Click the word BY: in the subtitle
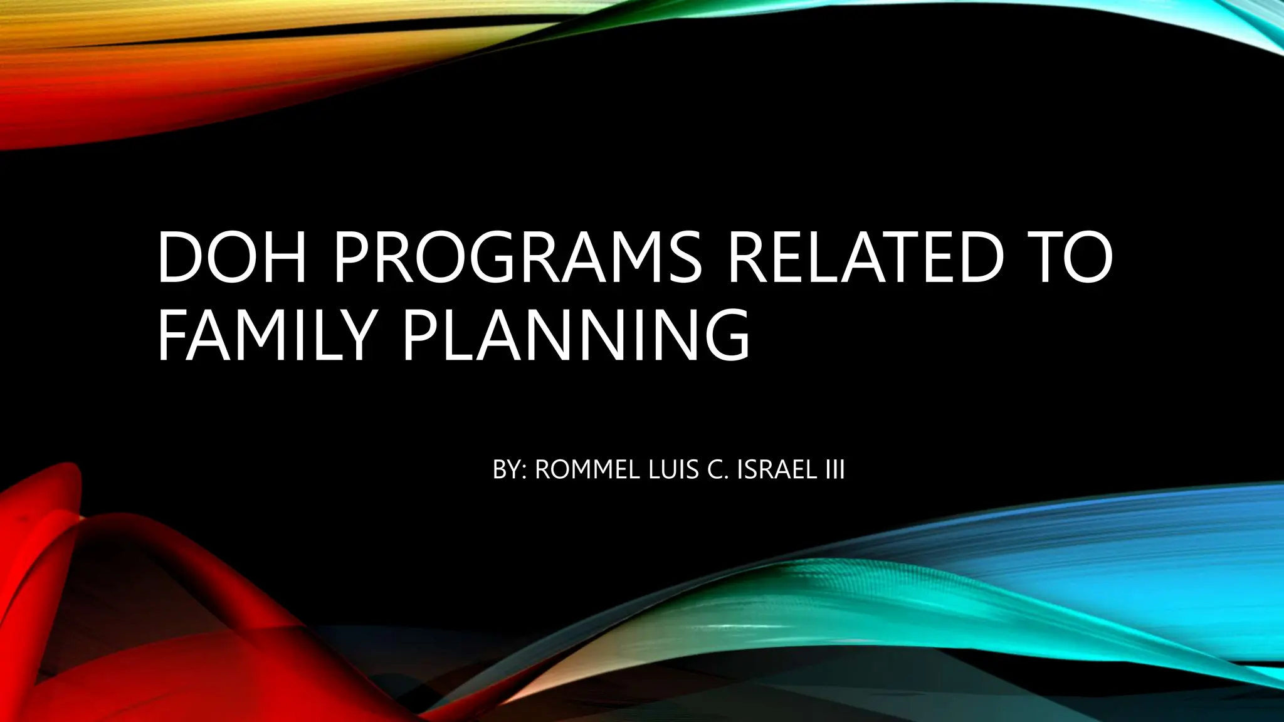[x=508, y=469]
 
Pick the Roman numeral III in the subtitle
[x=834, y=469]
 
